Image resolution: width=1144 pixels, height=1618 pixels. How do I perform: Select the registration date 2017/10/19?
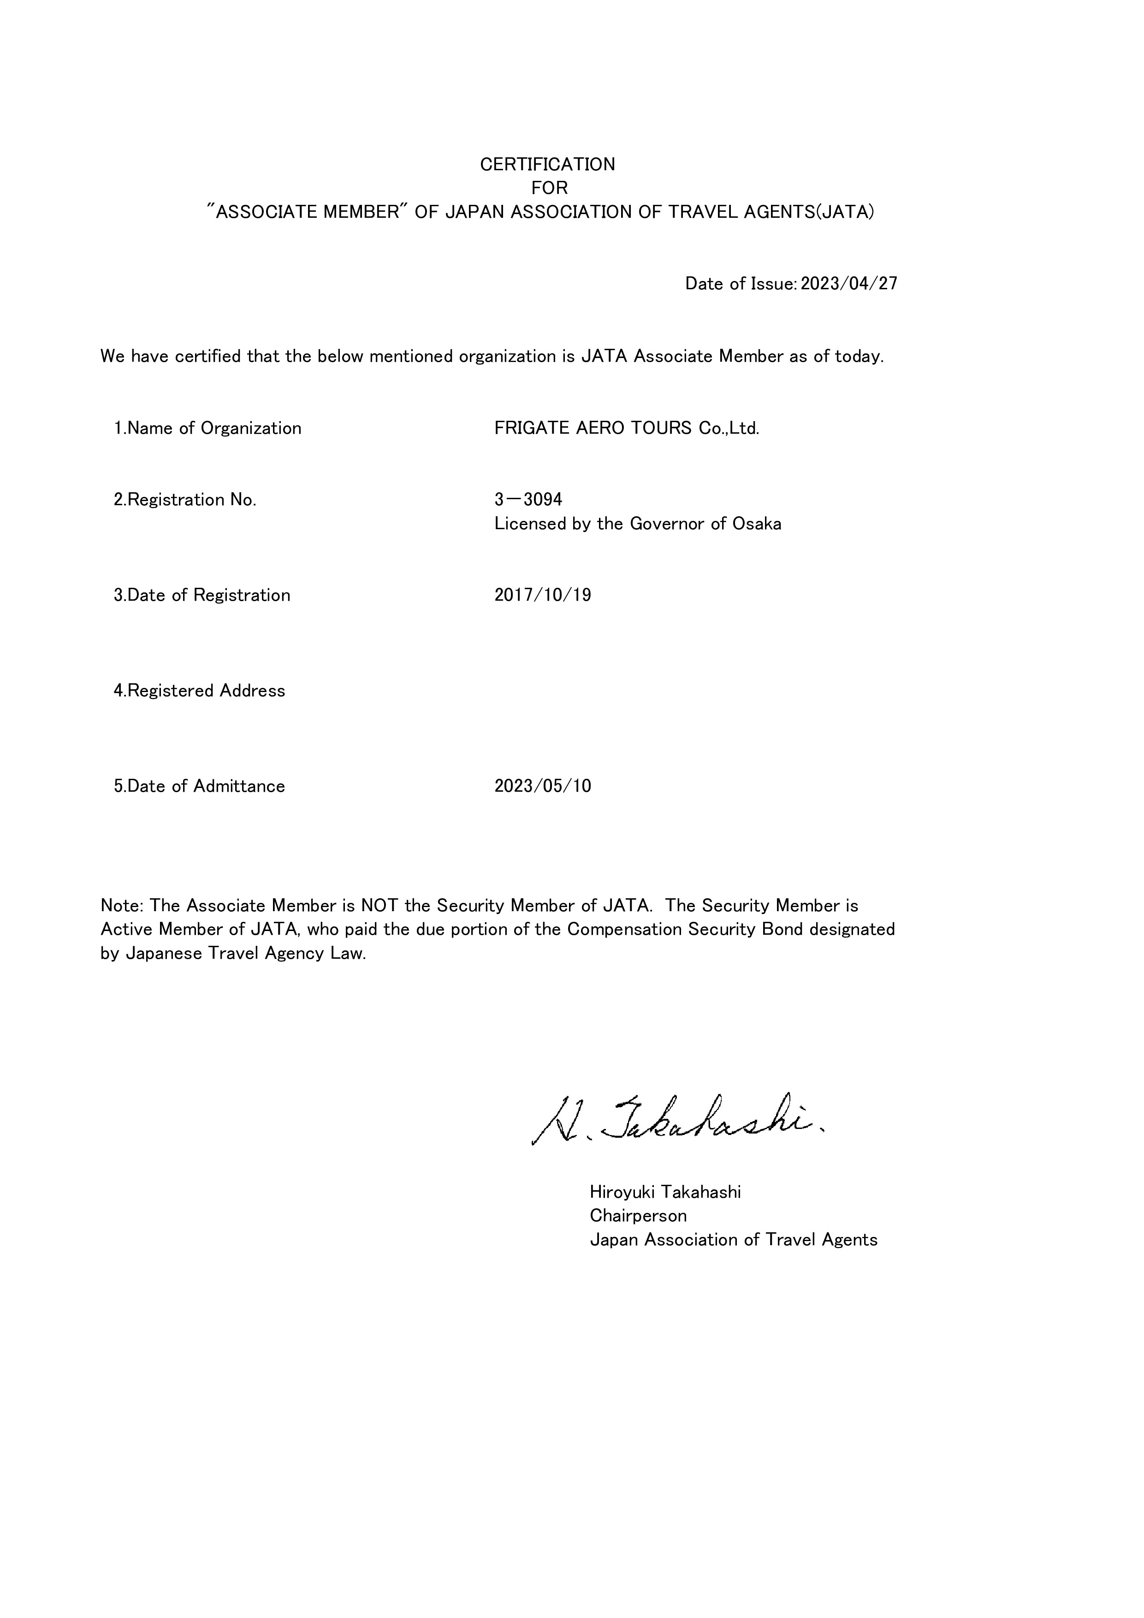click(542, 596)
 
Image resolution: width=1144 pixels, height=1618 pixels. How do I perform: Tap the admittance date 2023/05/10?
click(542, 787)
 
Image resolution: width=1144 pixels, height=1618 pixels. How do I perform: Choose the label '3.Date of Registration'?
click(202, 596)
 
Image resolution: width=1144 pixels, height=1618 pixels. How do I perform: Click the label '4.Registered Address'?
click(199, 691)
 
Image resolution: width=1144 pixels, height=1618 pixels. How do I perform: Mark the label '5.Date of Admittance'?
click(199, 787)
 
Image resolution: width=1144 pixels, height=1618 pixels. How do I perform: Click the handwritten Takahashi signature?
click(676, 1121)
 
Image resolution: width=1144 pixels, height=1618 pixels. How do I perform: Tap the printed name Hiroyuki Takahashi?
click(665, 1192)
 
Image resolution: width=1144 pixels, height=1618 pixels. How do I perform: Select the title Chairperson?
click(638, 1216)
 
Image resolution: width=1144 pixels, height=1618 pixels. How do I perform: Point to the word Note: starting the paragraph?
click(122, 906)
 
